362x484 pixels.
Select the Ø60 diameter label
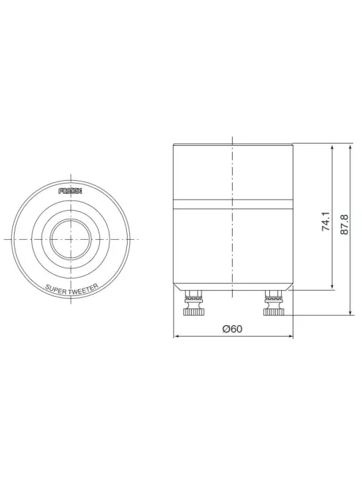point(232,329)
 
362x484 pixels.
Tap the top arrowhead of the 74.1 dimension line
point(333,149)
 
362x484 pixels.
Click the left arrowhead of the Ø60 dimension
point(177,337)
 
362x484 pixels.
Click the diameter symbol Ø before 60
point(225,329)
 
